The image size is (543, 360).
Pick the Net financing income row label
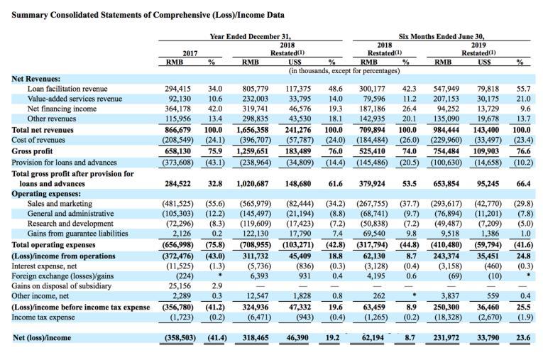58,109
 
